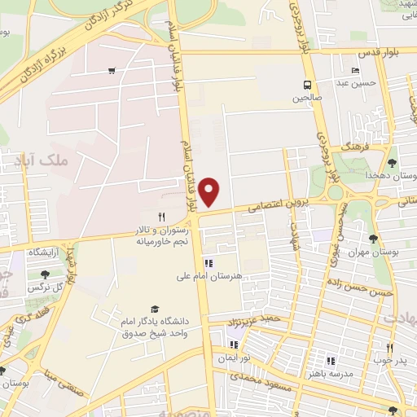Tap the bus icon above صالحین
(307, 85)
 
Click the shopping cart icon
(111, 70)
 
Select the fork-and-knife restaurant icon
(161, 217)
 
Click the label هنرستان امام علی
(209, 277)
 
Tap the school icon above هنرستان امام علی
(208, 263)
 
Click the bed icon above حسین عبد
(355, 70)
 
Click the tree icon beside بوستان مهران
(373, 239)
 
